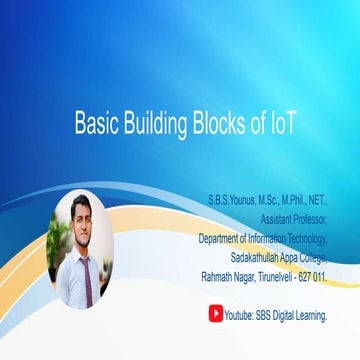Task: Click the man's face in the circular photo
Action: [x=80, y=212]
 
